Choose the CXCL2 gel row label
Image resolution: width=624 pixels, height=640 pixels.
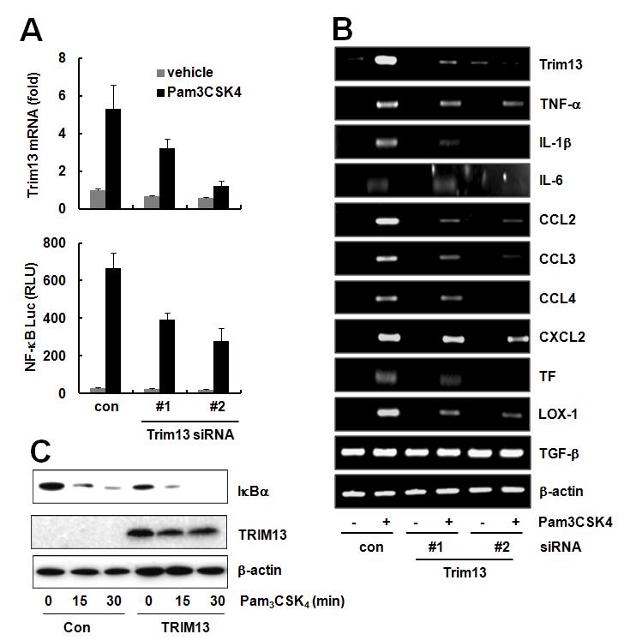pyautogui.click(x=559, y=336)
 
